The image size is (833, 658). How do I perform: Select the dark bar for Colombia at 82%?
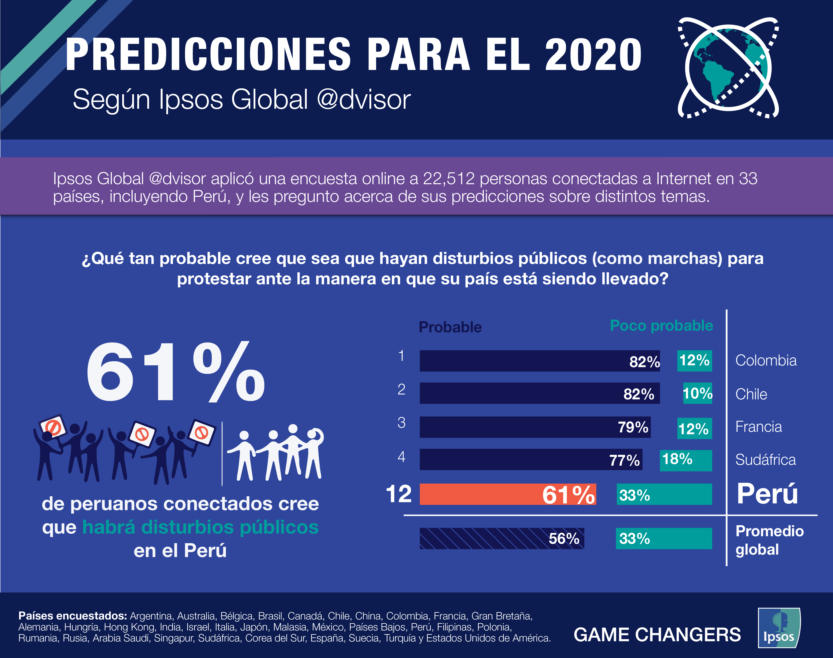[539, 361]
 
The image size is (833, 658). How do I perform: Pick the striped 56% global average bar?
[502, 538]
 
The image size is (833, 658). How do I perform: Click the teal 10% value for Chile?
[697, 393]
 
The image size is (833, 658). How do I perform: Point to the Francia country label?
[758, 427]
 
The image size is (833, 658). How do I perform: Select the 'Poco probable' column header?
[661, 326]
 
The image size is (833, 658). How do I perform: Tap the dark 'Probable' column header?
[450, 327]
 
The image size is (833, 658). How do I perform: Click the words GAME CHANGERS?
[657, 635]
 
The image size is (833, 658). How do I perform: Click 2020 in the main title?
[593, 55]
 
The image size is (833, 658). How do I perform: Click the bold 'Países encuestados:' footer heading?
[72, 616]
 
